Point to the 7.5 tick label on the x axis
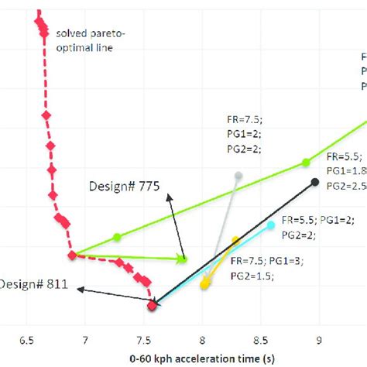coord(143,338)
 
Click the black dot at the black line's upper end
coord(315,182)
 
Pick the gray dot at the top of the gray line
coord(238,175)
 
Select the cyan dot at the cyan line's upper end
coord(271,225)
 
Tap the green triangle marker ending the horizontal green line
coord(183,259)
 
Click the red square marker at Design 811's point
coord(152,307)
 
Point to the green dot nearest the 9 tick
coord(306,162)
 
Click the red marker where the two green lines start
coord(72,255)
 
